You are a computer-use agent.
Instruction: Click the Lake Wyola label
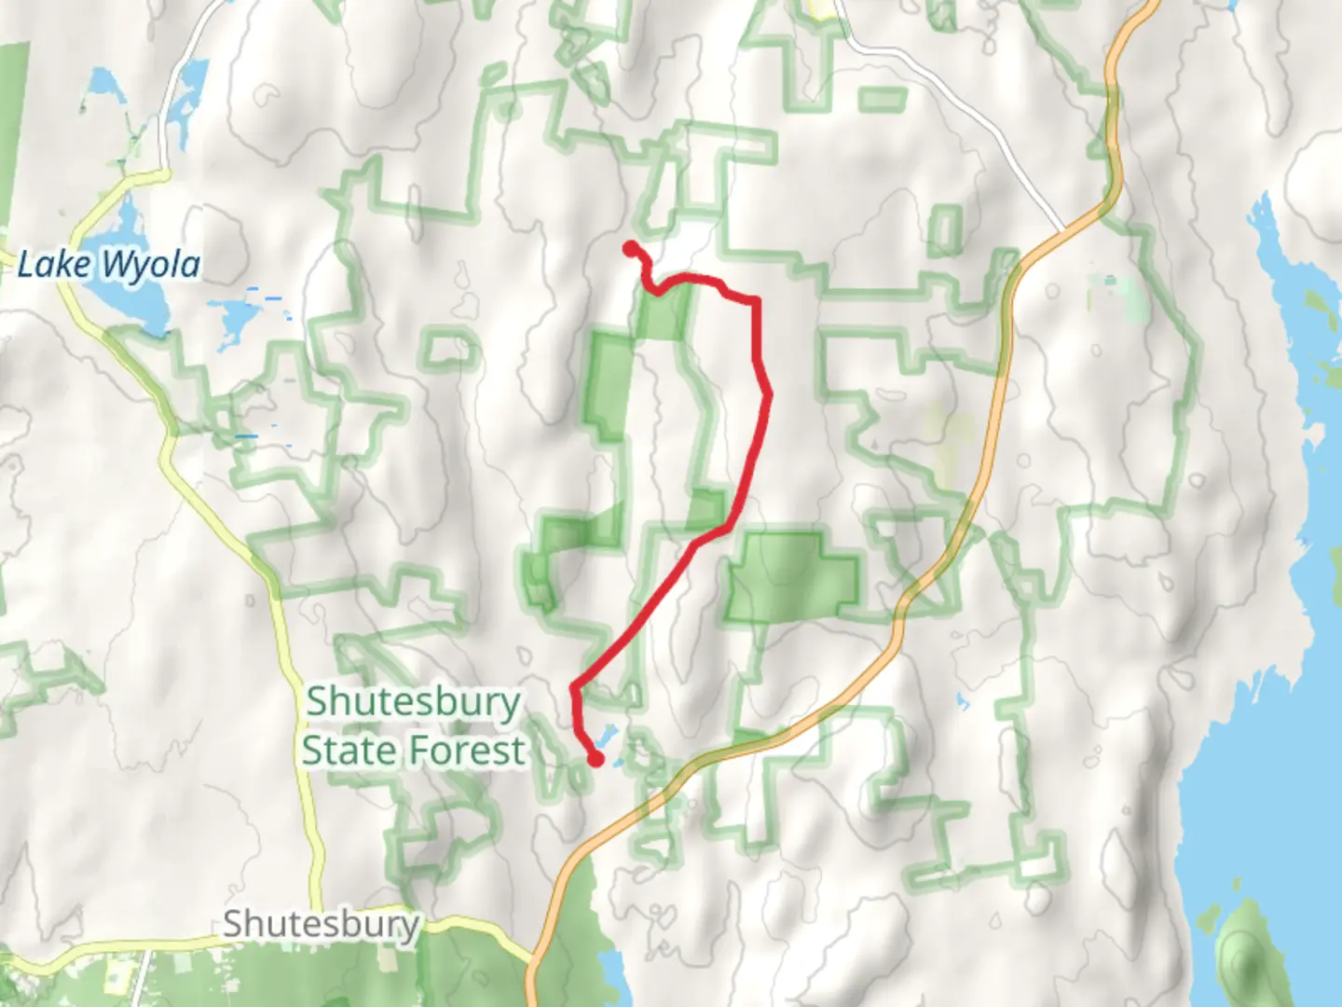coord(109,265)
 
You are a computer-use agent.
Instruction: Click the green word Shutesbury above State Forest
coord(413,701)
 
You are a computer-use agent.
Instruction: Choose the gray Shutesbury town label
coord(321,925)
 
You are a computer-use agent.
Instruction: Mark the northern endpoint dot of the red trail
coord(631,248)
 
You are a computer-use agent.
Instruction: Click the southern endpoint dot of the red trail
coord(595,760)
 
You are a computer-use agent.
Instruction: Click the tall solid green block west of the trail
coord(610,387)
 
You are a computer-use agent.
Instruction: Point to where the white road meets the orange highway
coord(1062,229)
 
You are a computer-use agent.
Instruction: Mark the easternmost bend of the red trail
coord(769,395)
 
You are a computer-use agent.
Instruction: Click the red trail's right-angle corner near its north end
coord(755,301)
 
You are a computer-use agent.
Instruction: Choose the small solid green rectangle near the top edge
coord(882,99)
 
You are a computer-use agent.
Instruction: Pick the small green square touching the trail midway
coord(706,509)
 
